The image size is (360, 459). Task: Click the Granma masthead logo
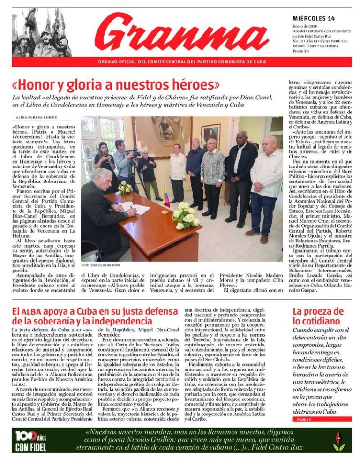click(182, 33)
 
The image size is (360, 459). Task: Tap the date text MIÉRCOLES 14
click(314, 19)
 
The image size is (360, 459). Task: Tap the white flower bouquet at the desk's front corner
click(185, 214)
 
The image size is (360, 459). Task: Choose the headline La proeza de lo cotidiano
click(318, 316)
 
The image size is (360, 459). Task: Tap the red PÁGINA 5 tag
click(304, 419)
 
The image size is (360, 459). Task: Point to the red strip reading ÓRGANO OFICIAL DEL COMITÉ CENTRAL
click(182, 62)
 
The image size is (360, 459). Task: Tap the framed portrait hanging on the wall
click(210, 136)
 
